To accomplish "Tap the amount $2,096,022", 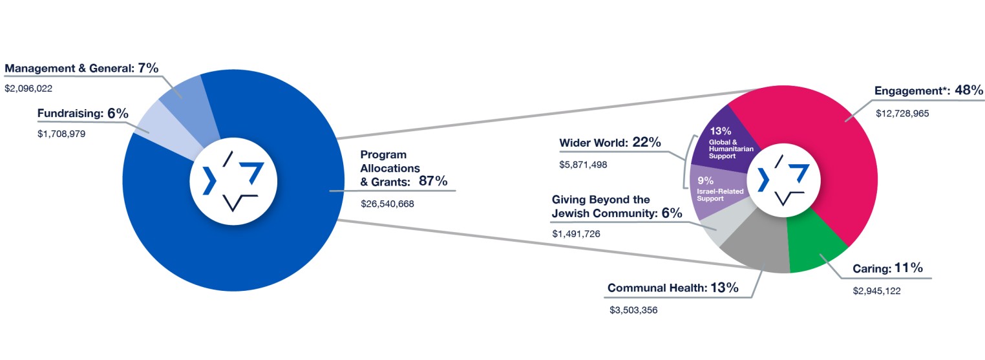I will point(28,88).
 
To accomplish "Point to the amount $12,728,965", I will point(902,113).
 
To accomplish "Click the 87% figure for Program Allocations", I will point(433,181).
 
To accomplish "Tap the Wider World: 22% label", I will point(609,143).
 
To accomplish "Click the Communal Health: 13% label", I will point(672,288).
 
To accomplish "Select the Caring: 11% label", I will point(890,268).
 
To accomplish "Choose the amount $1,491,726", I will point(576,233).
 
